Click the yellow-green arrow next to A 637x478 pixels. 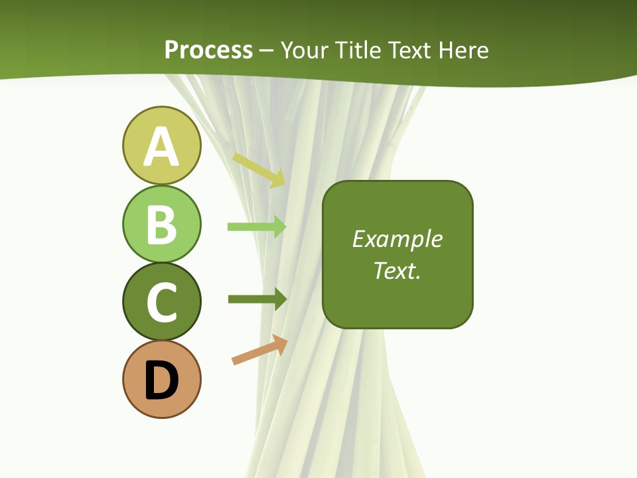[259, 169]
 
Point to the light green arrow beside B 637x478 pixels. [257, 226]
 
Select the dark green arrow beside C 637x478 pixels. [257, 299]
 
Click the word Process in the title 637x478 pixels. [208, 50]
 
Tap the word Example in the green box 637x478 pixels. [397, 239]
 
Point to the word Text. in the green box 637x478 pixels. [397, 270]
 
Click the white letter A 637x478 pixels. [161, 147]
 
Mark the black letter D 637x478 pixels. [161, 380]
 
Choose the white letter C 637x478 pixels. [161, 302]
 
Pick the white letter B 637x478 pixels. [161, 224]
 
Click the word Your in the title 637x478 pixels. [305, 50]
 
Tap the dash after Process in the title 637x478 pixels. [267, 50]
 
